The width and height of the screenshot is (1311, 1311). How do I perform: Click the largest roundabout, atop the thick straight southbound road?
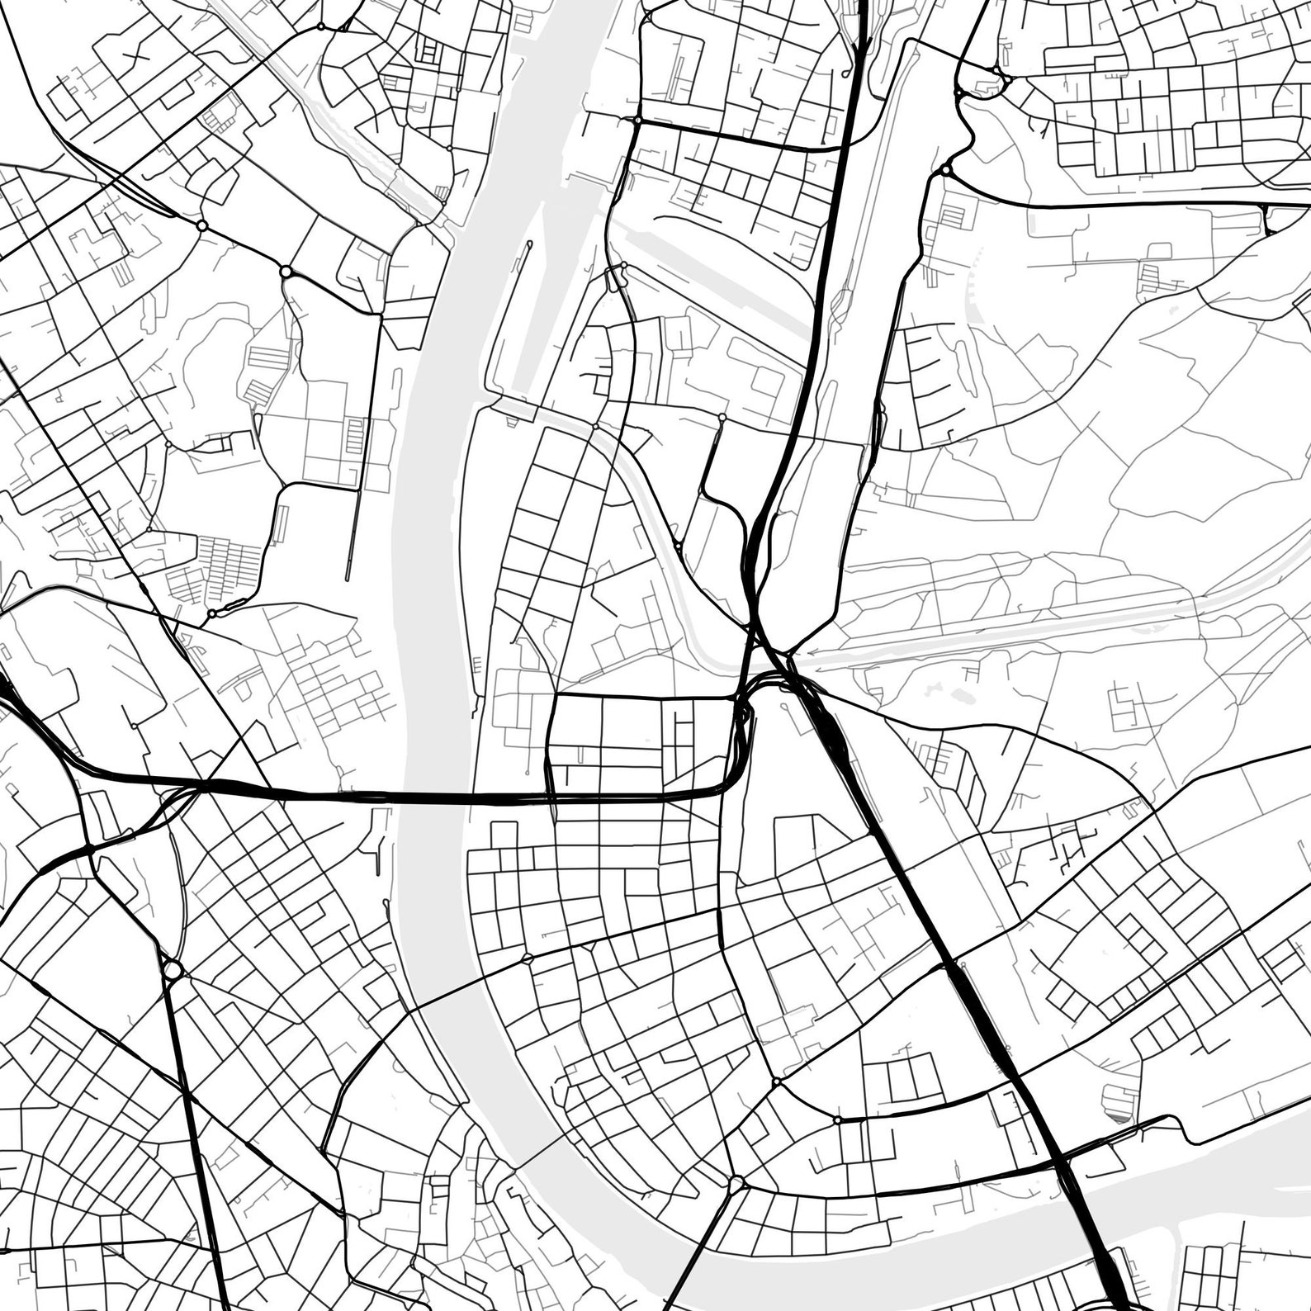click(173, 968)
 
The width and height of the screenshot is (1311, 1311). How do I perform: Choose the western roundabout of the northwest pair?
click(201, 225)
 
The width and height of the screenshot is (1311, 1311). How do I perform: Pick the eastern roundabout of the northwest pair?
click(286, 271)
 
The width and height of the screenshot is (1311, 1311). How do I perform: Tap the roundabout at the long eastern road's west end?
click(945, 171)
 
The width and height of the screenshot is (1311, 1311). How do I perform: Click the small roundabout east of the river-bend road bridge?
click(527, 958)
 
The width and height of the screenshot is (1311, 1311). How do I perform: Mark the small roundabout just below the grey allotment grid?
click(212, 613)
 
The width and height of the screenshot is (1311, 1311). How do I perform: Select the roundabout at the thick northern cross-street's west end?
click(637, 121)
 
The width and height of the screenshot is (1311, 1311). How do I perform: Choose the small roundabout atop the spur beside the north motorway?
click(722, 419)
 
